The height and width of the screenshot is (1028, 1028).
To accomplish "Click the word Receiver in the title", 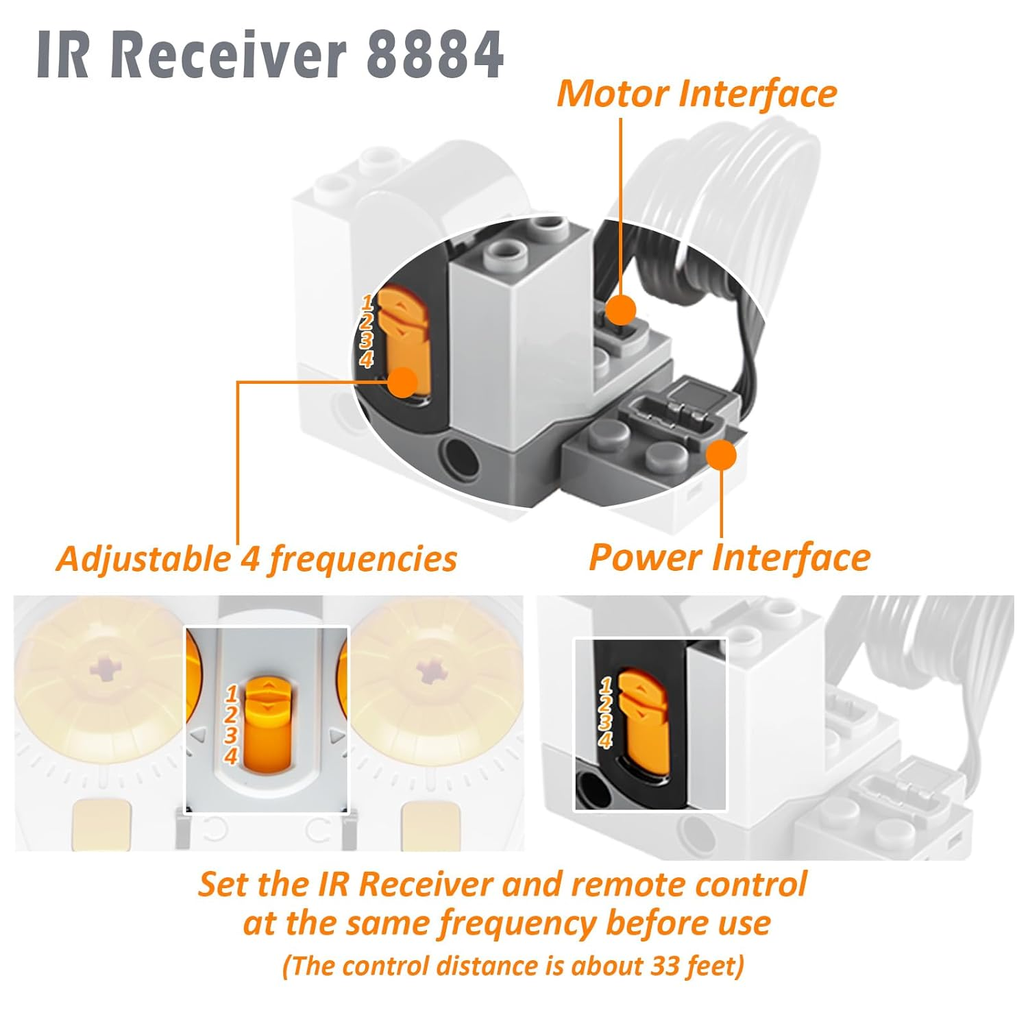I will click(228, 55).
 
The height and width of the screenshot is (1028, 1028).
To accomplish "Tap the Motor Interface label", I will click(696, 94).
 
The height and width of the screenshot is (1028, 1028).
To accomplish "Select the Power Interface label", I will click(729, 557).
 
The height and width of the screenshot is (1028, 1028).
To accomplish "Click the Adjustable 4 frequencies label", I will click(256, 559).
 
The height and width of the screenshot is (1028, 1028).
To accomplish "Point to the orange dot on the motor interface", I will click(621, 310).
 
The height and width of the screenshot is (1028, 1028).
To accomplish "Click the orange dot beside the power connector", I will click(720, 455).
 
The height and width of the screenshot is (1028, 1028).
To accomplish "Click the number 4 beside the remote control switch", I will click(231, 756).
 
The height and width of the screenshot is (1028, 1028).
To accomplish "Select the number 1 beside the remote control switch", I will click(232, 693).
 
